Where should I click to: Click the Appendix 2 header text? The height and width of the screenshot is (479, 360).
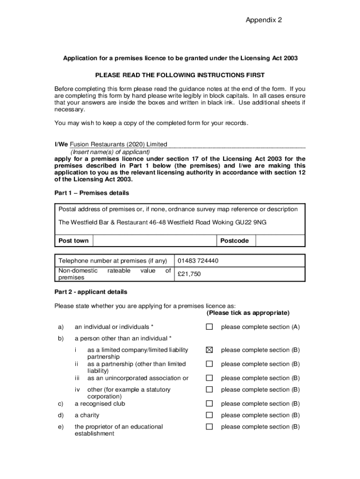pyautogui.click(x=264, y=20)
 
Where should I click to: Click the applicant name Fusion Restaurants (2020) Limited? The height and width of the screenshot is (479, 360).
pyautogui.click(x=118, y=145)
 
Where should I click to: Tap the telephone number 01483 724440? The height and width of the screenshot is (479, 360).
pyautogui.click(x=198, y=261)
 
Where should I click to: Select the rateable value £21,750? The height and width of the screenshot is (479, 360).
pyautogui.click(x=189, y=274)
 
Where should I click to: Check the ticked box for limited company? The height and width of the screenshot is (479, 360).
pyautogui.click(x=209, y=350)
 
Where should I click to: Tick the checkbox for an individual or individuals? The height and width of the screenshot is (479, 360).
pyautogui.click(x=209, y=327)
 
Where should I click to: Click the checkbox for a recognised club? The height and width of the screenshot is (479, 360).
pyautogui.click(x=209, y=404)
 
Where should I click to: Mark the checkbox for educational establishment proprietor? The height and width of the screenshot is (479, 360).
pyautogui.click(x=209, y=427)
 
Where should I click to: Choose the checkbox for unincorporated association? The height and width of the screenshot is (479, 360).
pyautogui.click(x=209, y=378)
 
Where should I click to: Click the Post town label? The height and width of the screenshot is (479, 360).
pyautogui.click(x=73, y=241)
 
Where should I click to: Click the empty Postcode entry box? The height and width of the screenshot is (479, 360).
pyautogui.click(x=281, y=241)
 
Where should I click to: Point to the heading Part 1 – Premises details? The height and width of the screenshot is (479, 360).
pyautogui.click(x=92, y=193)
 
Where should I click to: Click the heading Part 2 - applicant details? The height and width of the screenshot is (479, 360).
pyautogui.click(x=91, y=292)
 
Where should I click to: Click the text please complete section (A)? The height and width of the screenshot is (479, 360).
pyautogui.click(x=260, y=327)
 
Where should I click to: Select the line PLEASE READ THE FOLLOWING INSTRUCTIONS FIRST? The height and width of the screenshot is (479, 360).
pyautogui.click(x=180, y=75)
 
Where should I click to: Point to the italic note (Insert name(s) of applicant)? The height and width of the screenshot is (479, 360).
pyautogui.click(x=110, y=152)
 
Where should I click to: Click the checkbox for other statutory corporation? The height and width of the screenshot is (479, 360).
pyautogui.click(x=209, y=390)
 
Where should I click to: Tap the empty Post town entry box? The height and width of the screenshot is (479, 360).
pyautogui.click(x=154, y=241)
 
